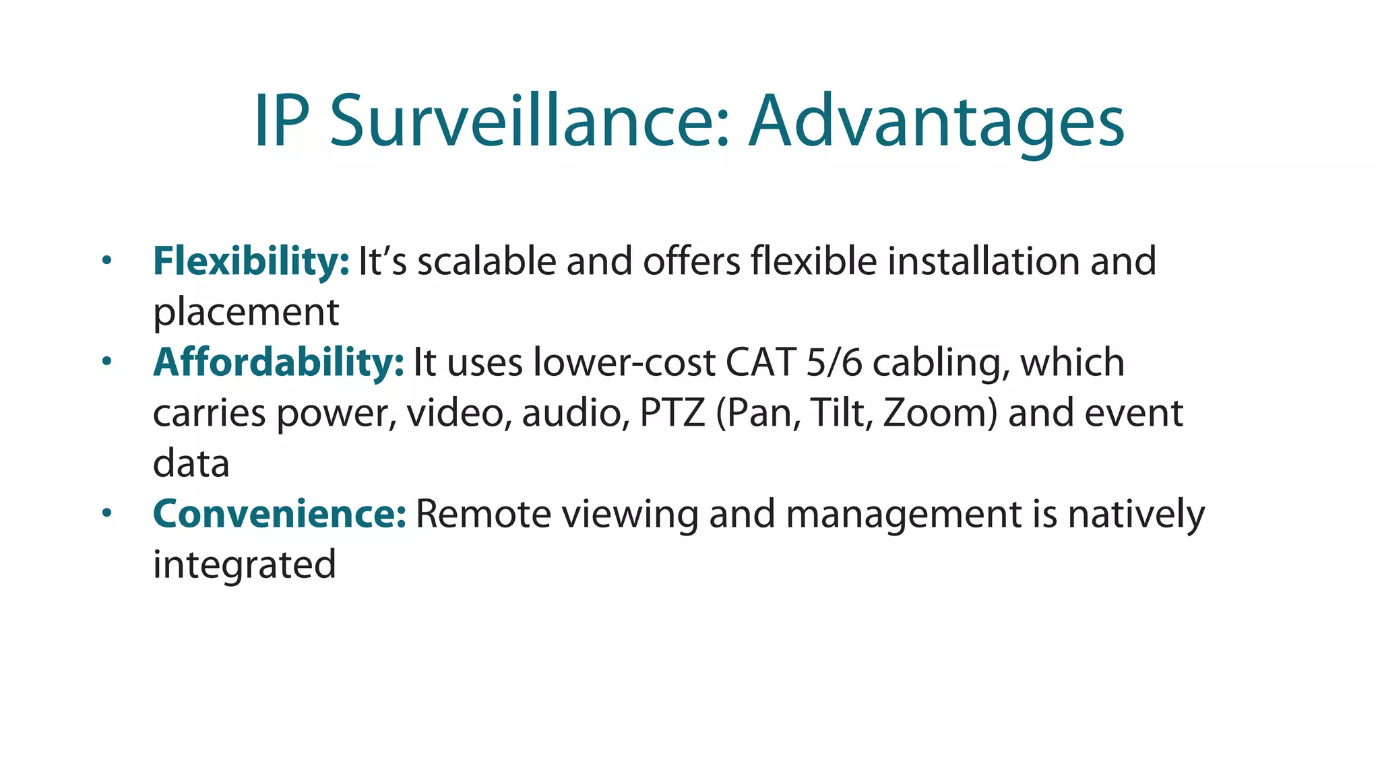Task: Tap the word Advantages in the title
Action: [x=937, y=121]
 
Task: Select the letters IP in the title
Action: [x=282, y=121]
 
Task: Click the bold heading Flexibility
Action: [x=251, y=261]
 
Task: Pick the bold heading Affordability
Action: [x=278, y=362]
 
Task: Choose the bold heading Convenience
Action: [x=280, y=514]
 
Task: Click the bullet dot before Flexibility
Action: [x=106, y=260]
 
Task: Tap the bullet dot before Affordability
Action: [x=106, y=362]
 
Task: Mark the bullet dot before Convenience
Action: [x=106, y=513]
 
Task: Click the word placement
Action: [x=246, y=313]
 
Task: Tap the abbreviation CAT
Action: [x=761, y=362]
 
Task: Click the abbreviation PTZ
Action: [x=672, y=413]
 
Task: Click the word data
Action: [x=191, y=463]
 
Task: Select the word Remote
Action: [x=483, y=514]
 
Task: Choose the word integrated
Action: [x=244, y=564]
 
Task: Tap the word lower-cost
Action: [x=623, y=362]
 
